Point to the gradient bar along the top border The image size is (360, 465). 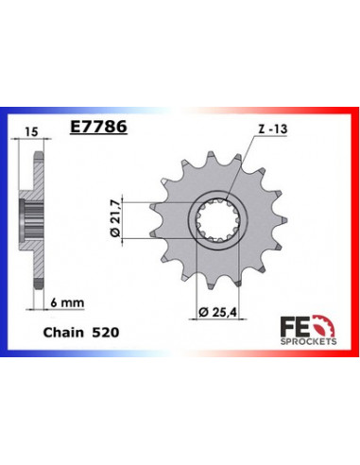(x=180, y=107)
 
